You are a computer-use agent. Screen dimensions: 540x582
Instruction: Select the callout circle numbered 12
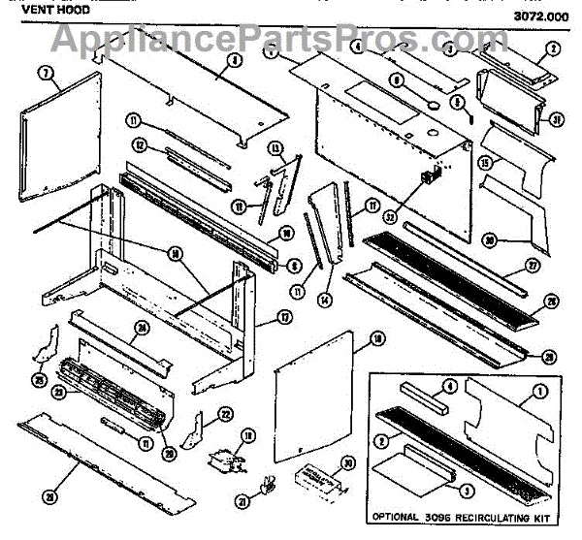141,145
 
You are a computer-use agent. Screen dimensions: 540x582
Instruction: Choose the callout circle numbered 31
556,121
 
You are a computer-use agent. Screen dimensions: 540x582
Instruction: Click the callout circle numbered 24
143,328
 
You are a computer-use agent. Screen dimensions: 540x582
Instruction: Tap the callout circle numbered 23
58,392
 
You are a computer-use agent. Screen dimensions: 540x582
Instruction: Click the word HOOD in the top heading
69,7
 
